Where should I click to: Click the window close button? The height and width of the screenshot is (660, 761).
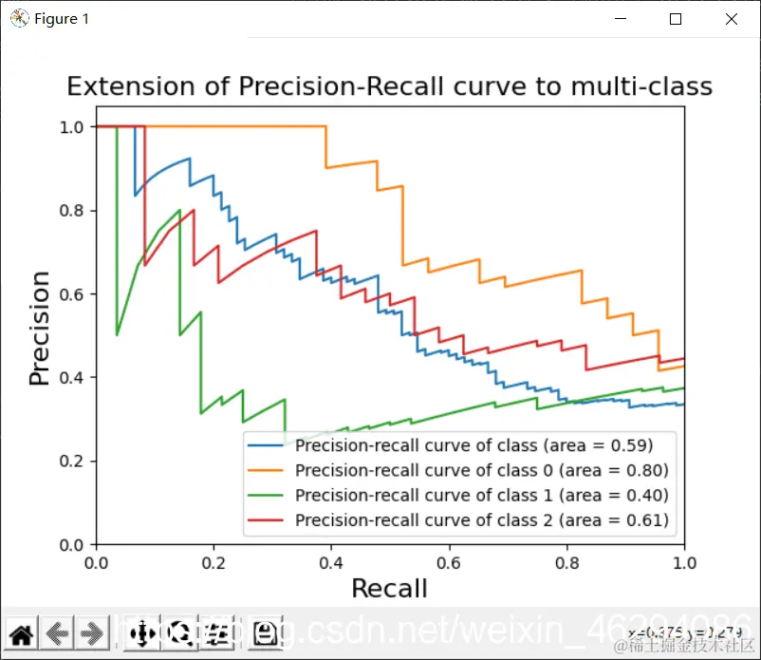(732, 19)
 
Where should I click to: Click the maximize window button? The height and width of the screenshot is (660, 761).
(676, 19)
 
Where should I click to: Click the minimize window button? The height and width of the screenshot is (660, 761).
(621, 19)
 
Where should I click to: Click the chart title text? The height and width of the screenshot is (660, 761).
(389, 87)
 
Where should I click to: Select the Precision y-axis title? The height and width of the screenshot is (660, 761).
(39, 328)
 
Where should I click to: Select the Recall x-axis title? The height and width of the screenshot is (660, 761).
(389, 589)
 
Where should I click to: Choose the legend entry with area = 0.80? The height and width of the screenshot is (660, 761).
(481, 470)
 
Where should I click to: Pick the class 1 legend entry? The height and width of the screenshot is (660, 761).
(481, 495)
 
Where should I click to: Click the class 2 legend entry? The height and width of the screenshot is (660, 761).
(481, 519)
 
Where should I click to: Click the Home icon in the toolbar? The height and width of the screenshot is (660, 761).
(22, 633)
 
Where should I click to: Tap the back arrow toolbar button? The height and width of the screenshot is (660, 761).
(57, 633)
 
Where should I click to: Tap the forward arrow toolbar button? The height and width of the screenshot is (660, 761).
(92, 633)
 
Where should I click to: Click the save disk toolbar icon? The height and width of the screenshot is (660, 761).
(266, 633)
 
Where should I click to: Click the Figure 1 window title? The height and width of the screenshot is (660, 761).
(62, 19)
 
